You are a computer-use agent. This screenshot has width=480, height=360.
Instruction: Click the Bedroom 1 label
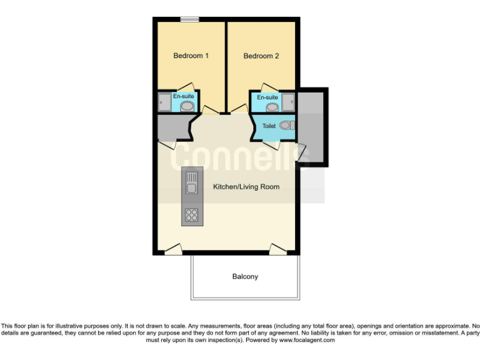tap(191, 56)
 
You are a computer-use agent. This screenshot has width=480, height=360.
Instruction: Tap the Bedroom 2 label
tap(261, 56)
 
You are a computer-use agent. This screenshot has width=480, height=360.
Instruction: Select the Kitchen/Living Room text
tap(246, 187)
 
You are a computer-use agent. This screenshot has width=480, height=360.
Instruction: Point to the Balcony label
tap(245, 276)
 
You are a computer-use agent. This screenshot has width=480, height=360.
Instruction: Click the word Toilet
tap(269, 126)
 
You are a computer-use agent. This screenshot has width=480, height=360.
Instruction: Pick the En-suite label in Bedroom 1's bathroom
tap(183, 96)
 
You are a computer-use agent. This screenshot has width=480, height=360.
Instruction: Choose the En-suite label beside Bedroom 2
tap(267, 97)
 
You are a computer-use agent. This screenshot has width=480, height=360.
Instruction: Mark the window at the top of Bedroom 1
tap(190, 19)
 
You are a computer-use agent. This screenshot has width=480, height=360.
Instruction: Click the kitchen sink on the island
tap(191, 184)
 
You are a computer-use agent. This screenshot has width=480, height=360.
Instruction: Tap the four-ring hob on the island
tap(191, 215)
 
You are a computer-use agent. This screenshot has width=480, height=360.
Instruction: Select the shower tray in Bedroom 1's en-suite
tap(164, 102)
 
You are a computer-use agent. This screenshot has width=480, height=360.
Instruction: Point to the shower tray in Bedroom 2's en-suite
tap(288, 102)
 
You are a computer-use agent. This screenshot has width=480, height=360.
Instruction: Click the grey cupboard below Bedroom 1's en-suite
tap(171, 127)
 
